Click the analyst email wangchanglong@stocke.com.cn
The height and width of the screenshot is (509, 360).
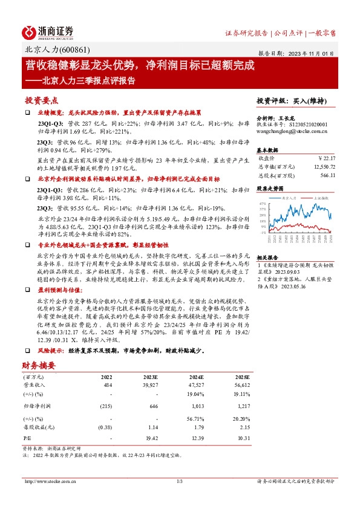point(292,130)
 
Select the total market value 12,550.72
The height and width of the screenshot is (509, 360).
point(320,166)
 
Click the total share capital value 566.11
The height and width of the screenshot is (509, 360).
point(326,175)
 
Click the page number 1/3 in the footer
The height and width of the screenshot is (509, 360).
point(180,481)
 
